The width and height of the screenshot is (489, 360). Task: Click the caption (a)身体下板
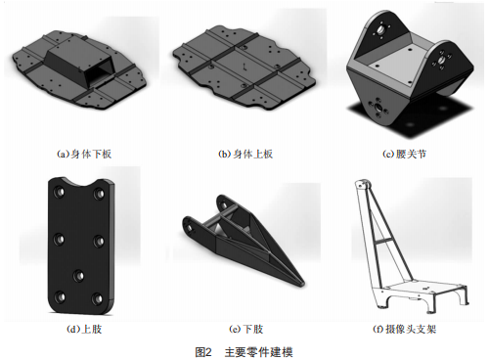tap(84, 154)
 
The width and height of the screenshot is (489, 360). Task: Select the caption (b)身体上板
tap(245, 154)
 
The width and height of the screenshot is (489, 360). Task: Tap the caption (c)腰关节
tap(404, 154)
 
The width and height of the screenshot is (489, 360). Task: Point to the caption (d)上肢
tap(84, 329)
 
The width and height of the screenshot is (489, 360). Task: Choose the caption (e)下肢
tap(245, 329)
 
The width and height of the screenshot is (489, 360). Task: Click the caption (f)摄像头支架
tap(404, 329)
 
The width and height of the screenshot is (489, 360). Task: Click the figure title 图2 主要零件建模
tap(244, 352)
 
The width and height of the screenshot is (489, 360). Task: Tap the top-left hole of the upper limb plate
tap(59, 192)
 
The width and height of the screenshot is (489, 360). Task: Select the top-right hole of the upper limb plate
tap(99, 194)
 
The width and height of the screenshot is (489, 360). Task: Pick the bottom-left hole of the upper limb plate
tap(60, 296)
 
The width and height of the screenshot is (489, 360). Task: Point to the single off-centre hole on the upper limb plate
tap(78, 276)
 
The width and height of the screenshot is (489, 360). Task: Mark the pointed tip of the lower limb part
tap(302, 285)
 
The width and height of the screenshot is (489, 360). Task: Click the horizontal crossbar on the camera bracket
tap(385, 242)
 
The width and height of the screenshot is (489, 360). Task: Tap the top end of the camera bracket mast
tap(362, 183)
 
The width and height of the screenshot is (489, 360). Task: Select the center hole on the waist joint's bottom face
tap(378, 108)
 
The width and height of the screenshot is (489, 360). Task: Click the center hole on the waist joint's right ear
tap(441, 60)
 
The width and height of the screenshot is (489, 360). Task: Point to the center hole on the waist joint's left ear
tap(380, 30)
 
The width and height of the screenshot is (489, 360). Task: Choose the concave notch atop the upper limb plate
tap(81, 181)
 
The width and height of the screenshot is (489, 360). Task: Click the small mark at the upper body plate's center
tap(244, 67)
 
